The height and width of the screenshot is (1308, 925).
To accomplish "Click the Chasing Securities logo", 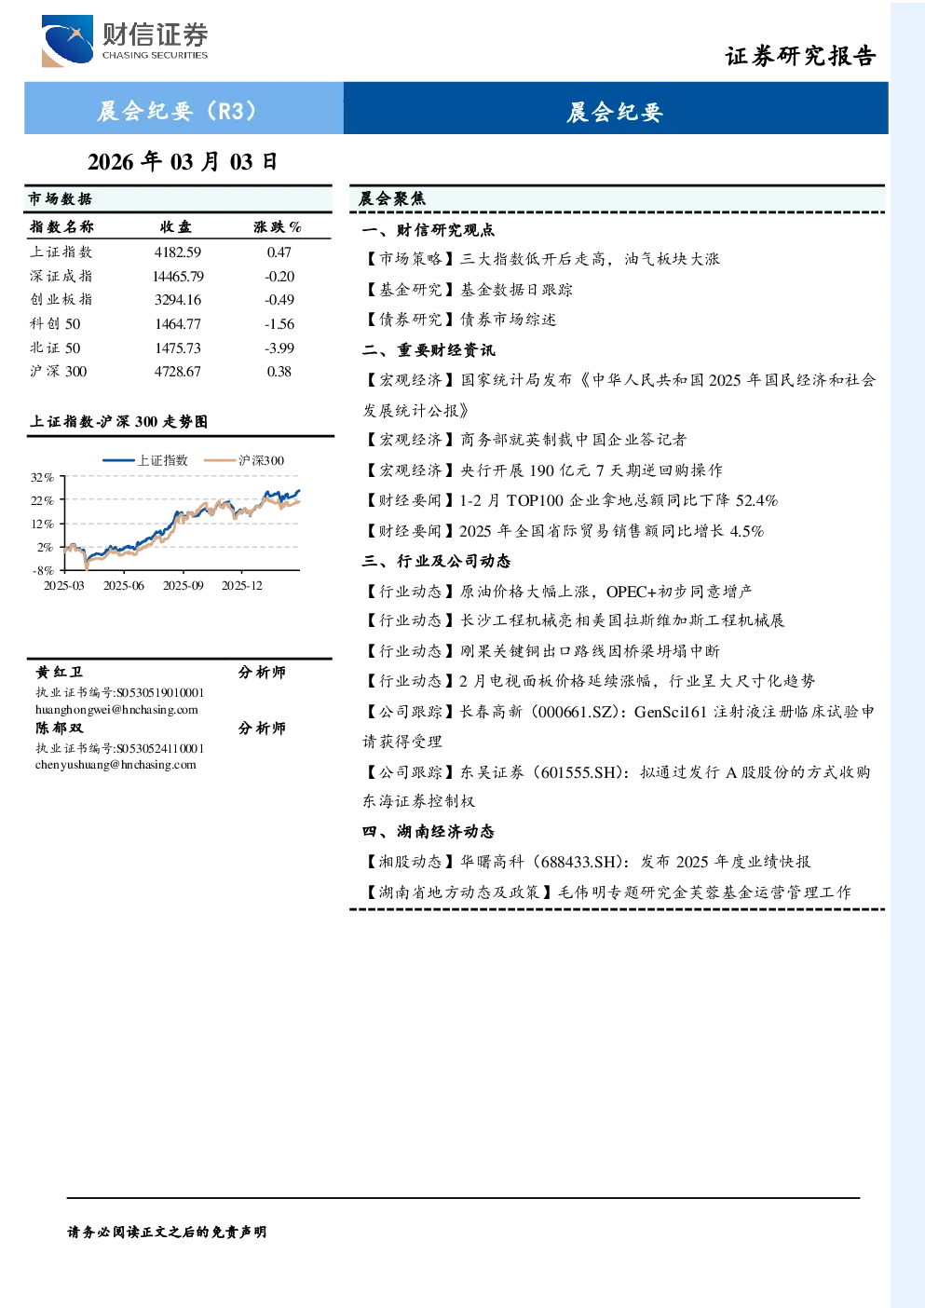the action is [x=125, y=40].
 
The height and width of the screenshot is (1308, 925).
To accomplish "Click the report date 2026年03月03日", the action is [x=183, y=162].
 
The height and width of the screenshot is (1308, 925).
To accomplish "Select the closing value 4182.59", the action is [x=178, y=252].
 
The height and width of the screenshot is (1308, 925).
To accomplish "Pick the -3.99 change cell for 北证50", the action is [x=279, y=348].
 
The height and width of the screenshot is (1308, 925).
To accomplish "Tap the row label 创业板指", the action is [x=61, y=300].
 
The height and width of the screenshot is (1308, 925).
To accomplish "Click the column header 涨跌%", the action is [x=278, y=226].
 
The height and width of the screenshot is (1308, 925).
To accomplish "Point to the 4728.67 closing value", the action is [x=178, y=372].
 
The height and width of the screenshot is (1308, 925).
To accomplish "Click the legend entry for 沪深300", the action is [x=244, y=460].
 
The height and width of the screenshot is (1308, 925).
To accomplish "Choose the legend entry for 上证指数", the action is [x=145, y=460].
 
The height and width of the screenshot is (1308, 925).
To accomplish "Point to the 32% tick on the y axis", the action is [x=42, y=478].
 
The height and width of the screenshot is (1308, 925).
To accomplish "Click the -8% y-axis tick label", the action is [x=43, y=570].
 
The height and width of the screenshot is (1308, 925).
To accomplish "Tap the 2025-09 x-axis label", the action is [x=183, y=586].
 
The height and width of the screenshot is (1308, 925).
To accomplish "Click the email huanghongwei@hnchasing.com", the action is [x=116, y=710].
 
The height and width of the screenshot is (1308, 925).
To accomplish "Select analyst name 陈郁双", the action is [x=60, y=729].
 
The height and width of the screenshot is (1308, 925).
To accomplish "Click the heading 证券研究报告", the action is [x=800, y=56].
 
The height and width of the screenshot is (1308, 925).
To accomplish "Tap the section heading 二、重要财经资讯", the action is [x=428, y=349].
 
